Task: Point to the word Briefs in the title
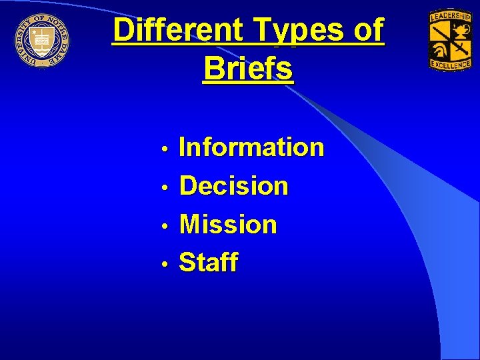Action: (248, 68)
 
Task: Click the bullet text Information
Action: (252, 147)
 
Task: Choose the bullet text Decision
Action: (234, 186)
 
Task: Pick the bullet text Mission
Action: (228, 225)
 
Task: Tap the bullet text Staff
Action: (209, 263)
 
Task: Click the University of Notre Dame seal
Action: (41, 39)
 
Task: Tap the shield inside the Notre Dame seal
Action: (41, 39)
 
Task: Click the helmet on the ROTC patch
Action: (441, 49)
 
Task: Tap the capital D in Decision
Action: (189, 186)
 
